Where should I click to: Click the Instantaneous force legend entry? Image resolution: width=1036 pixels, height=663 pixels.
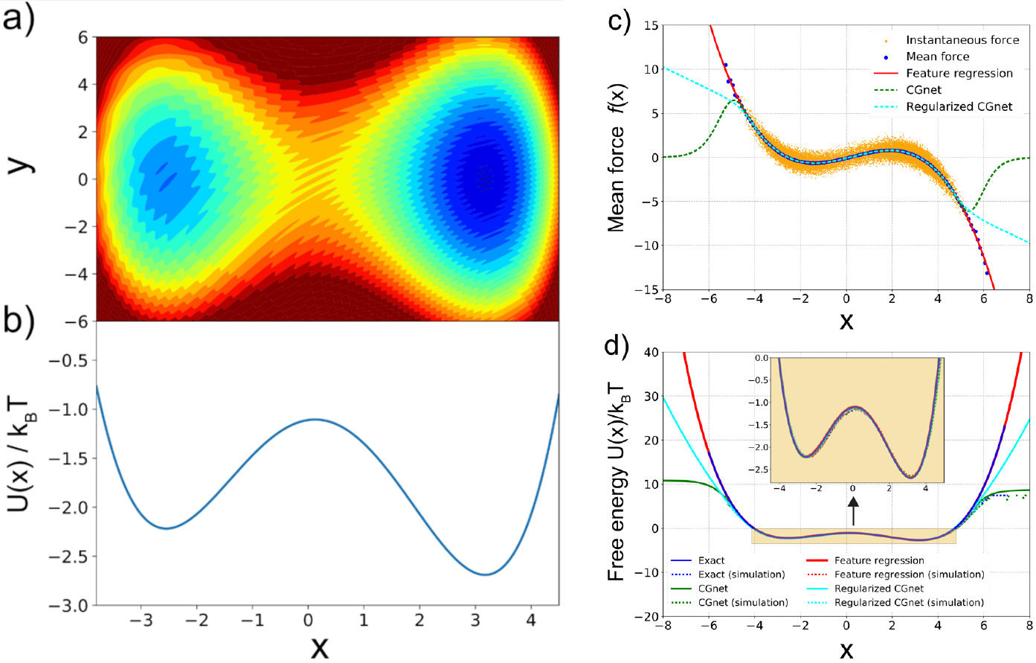962,40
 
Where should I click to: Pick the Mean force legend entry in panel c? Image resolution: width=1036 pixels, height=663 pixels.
937,57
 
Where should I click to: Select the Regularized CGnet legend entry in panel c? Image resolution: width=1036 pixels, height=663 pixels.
959,106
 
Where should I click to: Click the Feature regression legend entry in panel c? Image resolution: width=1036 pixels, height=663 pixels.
959,73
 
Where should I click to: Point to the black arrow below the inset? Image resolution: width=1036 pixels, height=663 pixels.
853,511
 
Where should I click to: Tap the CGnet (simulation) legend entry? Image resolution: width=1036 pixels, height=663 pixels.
742,603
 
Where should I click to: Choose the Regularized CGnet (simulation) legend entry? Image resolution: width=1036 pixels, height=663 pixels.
908,603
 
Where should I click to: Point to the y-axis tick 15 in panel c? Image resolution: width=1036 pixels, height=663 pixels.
650,26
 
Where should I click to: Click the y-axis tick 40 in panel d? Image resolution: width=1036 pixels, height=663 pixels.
650,352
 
